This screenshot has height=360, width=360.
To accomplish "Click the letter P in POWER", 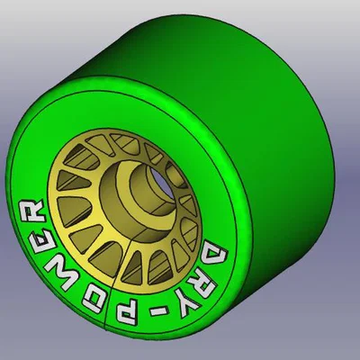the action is (128, 315).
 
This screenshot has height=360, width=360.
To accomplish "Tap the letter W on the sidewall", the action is (65, 273).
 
